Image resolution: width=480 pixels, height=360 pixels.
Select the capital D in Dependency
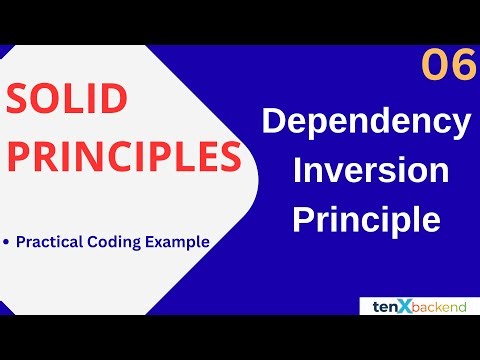point(274,124)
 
